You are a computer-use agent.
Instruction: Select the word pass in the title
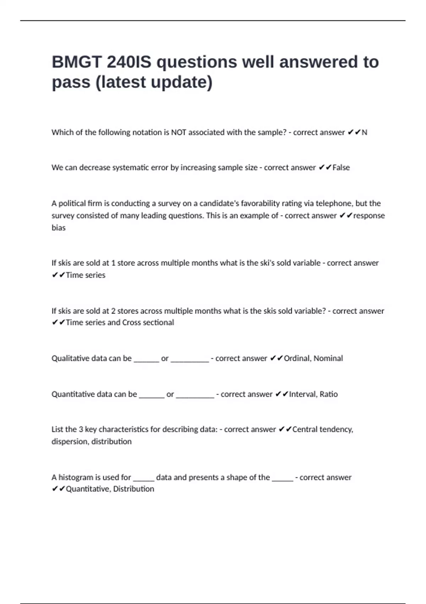click(71, 82)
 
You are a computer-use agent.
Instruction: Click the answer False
click(341, 168)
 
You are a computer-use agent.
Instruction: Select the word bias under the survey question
click(59, 228)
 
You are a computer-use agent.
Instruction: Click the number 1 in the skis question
click(113, 263)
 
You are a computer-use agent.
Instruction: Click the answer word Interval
click(302, 394)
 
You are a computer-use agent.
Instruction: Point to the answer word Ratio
click(329, 394)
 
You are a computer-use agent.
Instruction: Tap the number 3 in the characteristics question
click(81, 430)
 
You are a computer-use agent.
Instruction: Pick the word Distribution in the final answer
click(133, 489)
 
